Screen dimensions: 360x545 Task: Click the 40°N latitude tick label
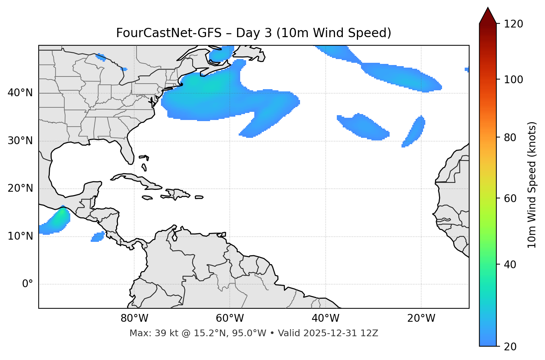(x=20, y=93)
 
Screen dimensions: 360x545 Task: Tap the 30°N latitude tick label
(x=20, y=141)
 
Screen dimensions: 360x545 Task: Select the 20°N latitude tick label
(x=20, y=188)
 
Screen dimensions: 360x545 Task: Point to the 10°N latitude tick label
(x=20, y=236)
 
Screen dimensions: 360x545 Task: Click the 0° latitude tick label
(x=28, y=284)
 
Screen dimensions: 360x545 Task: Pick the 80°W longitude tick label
(x=134, y=318)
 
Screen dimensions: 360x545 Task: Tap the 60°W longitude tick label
(x=230, y=318)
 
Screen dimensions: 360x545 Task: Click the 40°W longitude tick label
(x=325, y=318)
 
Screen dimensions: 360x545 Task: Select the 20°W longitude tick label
(x=421, y=318)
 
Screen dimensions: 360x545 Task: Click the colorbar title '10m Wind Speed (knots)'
(x=532, y=185)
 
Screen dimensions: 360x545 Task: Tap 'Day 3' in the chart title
(x=254, y=33)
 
